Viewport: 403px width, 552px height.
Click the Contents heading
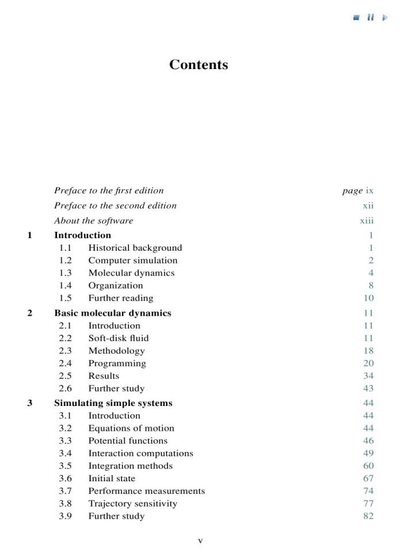[199, 64]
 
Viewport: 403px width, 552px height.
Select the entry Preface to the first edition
[109, 190]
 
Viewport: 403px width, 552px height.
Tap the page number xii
[368, 205]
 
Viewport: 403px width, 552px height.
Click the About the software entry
[93, 220]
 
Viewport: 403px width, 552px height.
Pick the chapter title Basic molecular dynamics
[112, 313]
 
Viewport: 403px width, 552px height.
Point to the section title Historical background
[135, 248]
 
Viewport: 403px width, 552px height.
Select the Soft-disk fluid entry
[118, 338]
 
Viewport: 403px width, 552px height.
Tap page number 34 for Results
[368, 376]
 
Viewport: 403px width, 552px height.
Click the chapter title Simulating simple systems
[113, 403]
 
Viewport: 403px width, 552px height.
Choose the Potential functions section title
[128, 441]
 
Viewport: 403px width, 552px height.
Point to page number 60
[368, 466]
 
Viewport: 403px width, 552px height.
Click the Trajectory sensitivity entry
[132, 504]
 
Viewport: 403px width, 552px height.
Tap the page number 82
[368, 516]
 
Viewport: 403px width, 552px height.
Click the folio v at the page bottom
[200, 540]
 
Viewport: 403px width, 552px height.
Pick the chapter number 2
[30, 313]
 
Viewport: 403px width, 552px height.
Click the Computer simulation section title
[132, 260]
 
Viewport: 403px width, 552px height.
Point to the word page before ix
[352, 190]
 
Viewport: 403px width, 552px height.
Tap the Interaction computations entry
[140, 453]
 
